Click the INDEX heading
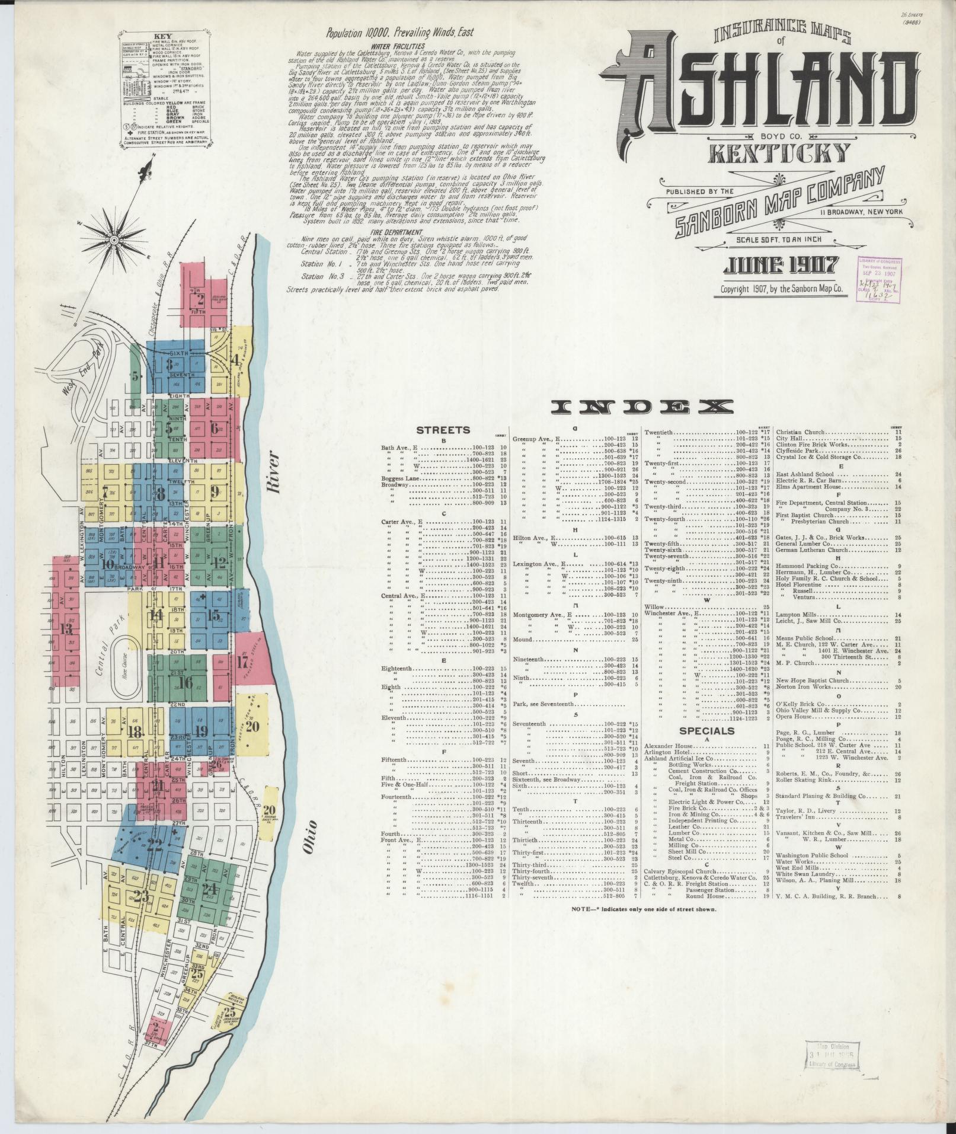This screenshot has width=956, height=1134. [x=641, y=407]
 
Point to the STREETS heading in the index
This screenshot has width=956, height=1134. [x=443, y=430]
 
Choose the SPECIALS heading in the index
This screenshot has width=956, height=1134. [x=706, y=731]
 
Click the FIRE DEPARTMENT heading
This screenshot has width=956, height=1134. [x=394, y=232]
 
